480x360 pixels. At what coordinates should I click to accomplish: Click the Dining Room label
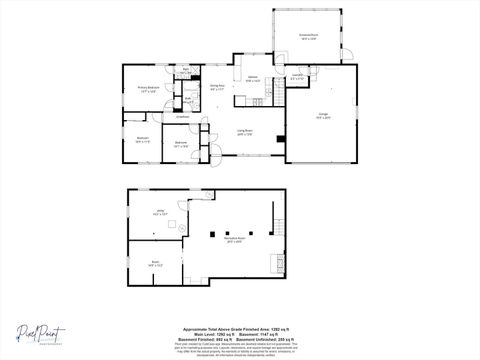(x=215, y=87)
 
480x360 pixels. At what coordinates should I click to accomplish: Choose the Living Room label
(x=243, y=131)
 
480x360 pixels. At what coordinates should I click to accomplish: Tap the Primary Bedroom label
(x=146, y=90)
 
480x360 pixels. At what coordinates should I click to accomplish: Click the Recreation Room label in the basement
(x=235, y=239)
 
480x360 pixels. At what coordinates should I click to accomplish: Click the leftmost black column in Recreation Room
(x=212, y=233)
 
